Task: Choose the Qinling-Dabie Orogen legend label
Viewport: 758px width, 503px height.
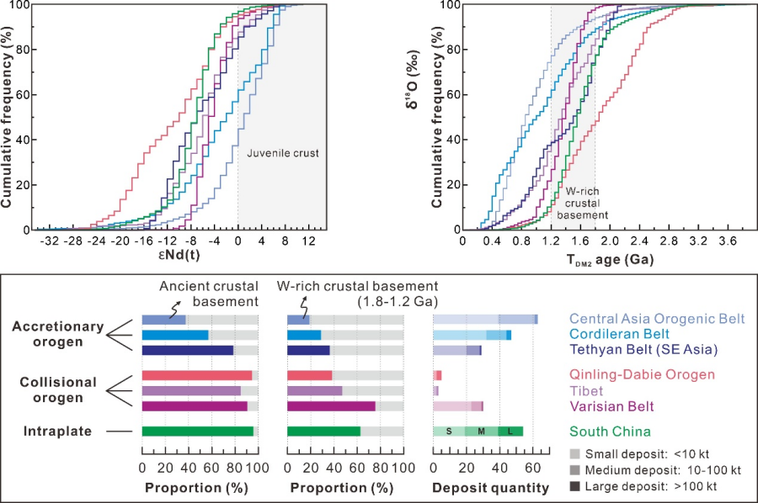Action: click(642, 374)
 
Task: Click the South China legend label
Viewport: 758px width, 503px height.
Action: click(610, 432)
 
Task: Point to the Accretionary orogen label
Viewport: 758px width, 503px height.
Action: click(57, 335)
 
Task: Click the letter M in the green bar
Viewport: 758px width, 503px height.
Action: click(481, 432)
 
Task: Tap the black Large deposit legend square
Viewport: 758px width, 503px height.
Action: click(575, 485)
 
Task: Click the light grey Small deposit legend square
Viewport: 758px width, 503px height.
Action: click(575, 453)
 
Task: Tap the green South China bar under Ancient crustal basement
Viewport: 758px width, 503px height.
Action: click(198, 432)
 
